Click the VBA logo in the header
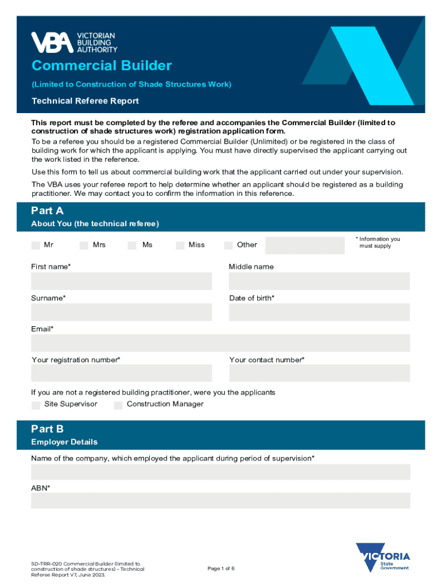[x=73, y=42]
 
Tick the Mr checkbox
[x=36, y=245]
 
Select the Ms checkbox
[x=132, y=245]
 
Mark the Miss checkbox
[x=180, y=245]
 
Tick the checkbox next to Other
[x=228, y=245]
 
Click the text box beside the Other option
[x=305, y=245]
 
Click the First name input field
[x=121, y=281]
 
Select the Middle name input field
[x=319, y=281]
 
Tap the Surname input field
[x=121, y=312]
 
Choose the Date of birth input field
[x=319, y=312]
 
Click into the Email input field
[x=220, y=343]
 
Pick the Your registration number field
[x=121, y=373]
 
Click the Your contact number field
[x=319, y=373]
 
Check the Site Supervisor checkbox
[x=36, y=405]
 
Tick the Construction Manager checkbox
[x=118, y=405]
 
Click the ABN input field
[x=220, y=500]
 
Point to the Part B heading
[x=48, y=429]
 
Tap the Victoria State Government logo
[x=383, y=558]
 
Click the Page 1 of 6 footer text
[x=221, y=568]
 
